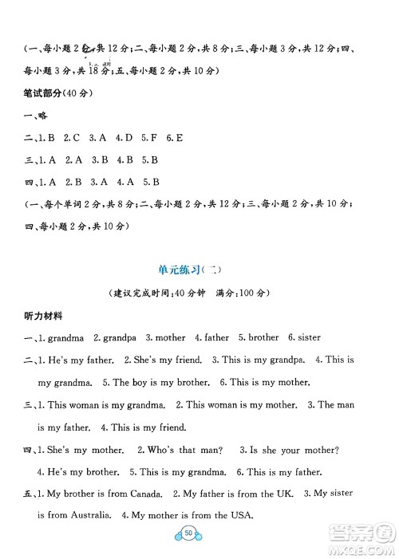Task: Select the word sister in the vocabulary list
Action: coord(306,337)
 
